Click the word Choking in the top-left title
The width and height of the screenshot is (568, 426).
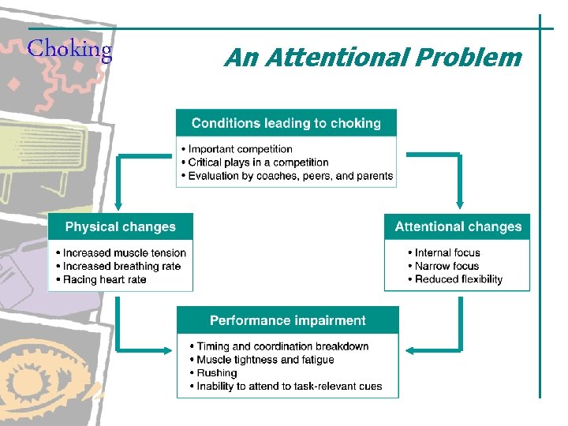pyautogui.click(x=69, y=50)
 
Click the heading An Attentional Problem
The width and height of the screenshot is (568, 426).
pyautogui.click(x=372, y=58)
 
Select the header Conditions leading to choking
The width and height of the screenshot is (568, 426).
pyautogui.click(x=286, y=123)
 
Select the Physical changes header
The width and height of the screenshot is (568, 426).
pyautogui.click(x=120, y=227)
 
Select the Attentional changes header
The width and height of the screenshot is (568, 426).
pyautogui.click(x=458, y=227)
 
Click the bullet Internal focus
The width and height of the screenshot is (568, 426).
pyautogui.click(x=447, y=253)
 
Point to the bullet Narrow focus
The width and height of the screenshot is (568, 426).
pyautogui.click(x=447, y=267)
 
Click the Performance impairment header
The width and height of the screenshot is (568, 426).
pyautogui.click(x=287, y=321)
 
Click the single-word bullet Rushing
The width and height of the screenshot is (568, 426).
pyautogui.click(x=216, y=373)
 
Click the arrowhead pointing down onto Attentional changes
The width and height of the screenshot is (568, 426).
pyautogui.click(x=458, y=207)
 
